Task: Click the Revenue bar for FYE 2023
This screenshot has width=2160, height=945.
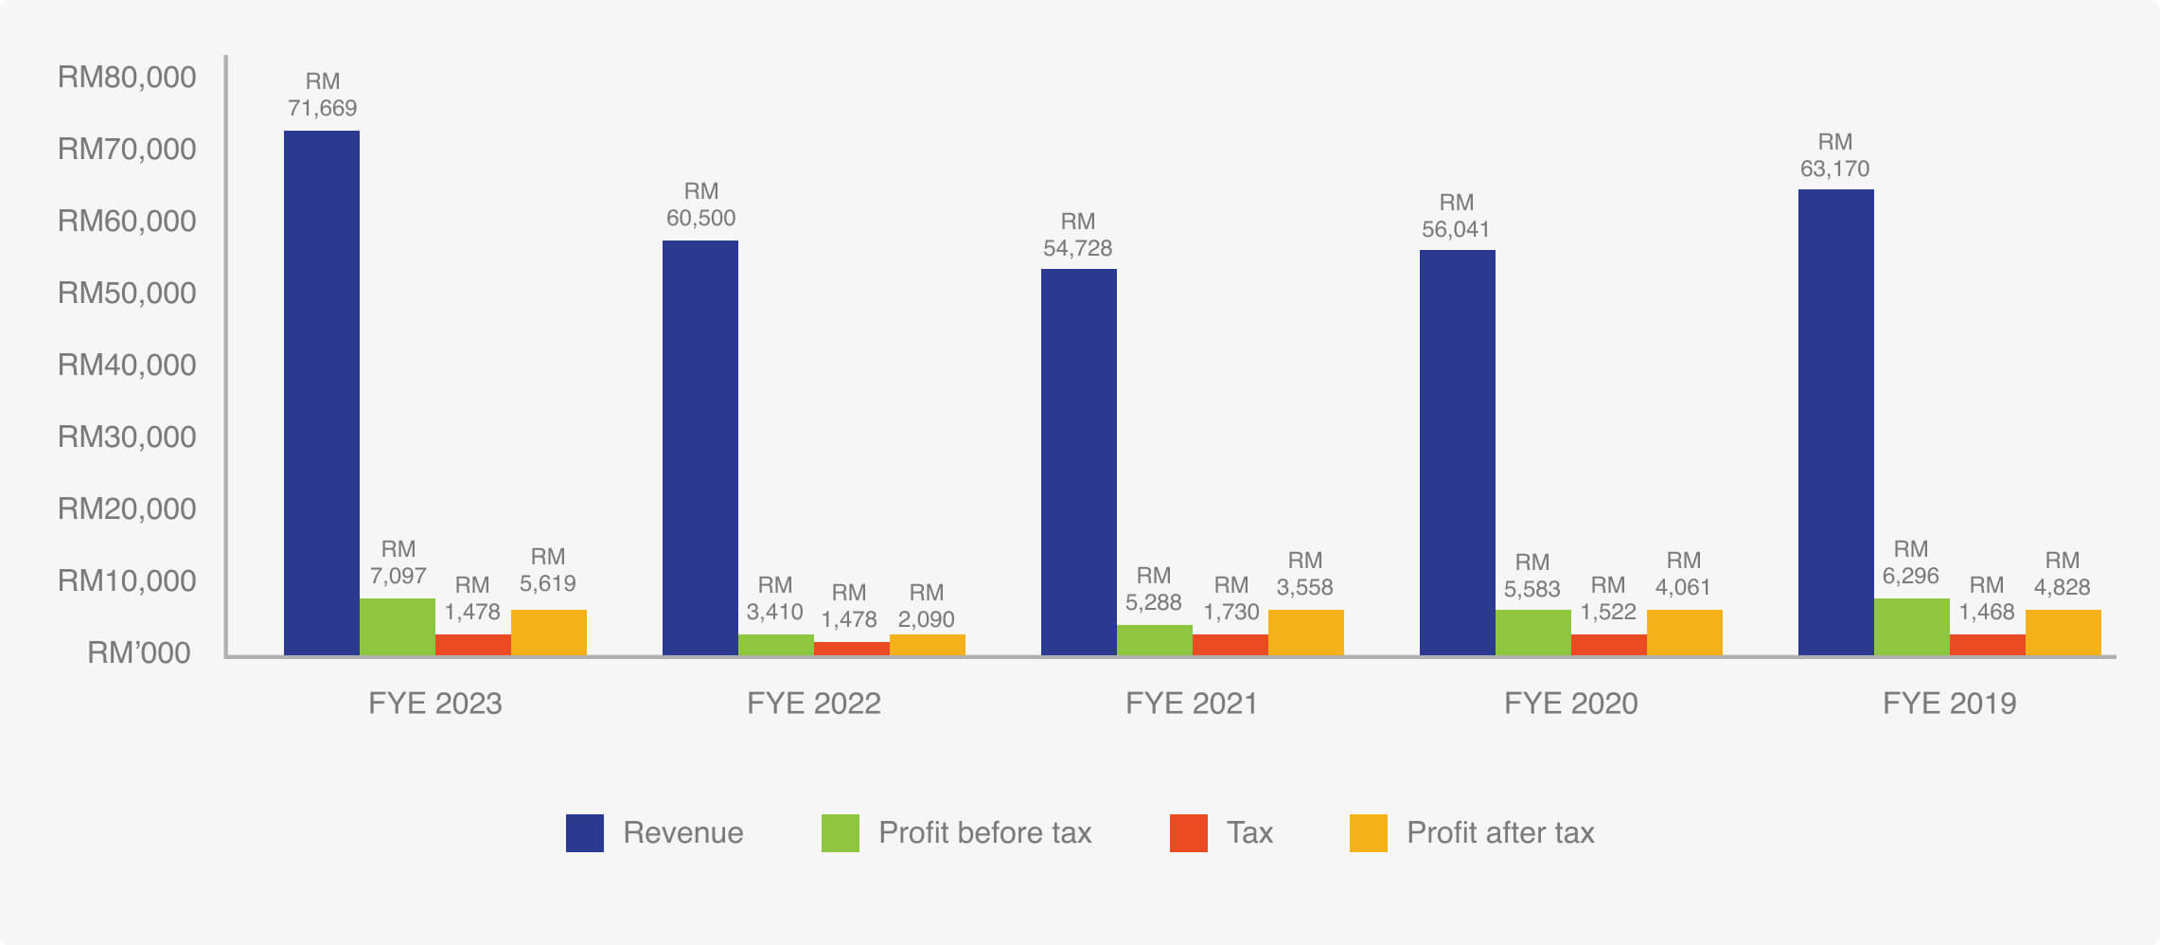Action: (322, 393)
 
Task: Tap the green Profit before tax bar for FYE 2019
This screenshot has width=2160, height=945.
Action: (1911, 627)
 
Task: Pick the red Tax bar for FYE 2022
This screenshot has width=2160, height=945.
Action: (851, 649)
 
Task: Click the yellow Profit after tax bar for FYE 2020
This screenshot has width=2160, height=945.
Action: (1684, 633)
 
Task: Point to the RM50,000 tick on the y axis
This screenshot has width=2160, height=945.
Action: (127, 294)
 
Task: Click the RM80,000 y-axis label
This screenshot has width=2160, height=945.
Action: (127, 78)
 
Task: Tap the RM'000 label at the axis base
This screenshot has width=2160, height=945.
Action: (138, 653)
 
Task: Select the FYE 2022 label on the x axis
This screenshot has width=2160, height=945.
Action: (813, 704)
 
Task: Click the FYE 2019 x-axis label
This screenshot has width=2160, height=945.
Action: (1949, 704)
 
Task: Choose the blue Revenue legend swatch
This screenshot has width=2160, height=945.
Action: (584, 833)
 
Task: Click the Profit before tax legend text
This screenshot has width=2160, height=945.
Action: (984, 833)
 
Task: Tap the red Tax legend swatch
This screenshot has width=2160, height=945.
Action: (1188, 833)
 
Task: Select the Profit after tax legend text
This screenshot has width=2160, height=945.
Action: (1500, 833)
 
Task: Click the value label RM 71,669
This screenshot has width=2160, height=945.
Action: (322, 96)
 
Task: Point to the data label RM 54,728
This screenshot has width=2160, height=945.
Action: (1077, 236)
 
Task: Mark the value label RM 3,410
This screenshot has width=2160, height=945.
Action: (774, 599)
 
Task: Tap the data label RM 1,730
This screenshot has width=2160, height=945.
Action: (1230, 599)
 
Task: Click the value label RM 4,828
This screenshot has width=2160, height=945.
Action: (2062, 575)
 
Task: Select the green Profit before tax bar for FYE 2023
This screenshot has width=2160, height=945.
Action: (397, 627)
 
